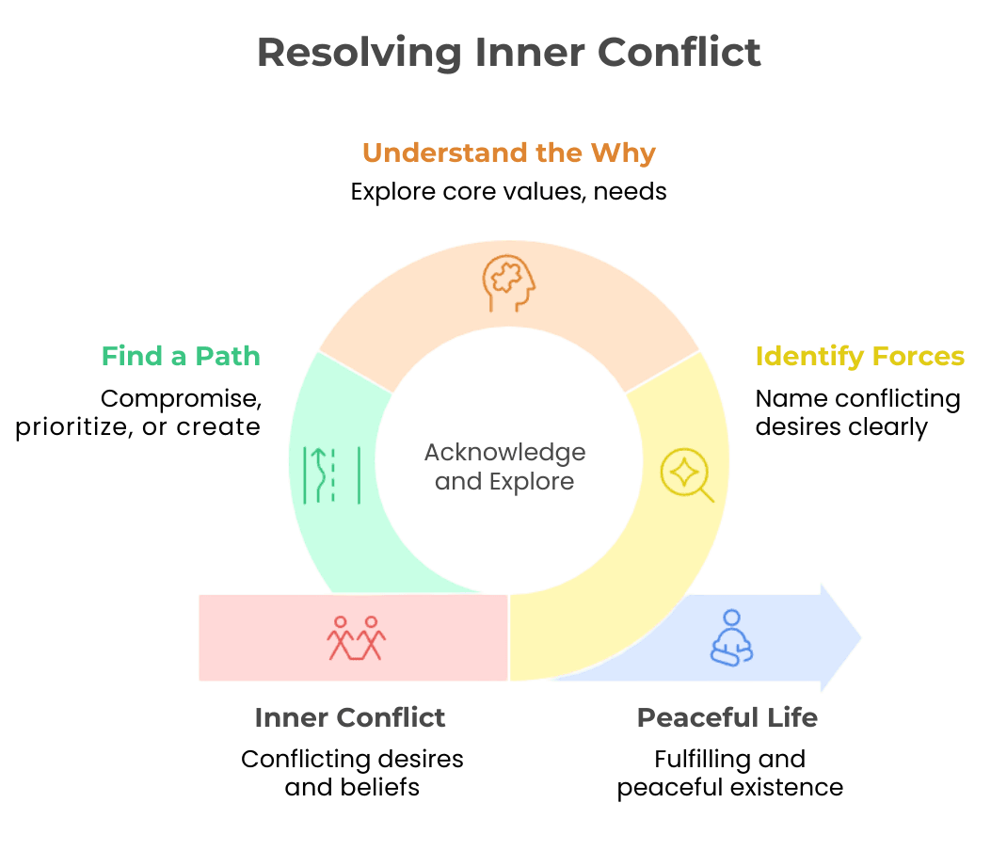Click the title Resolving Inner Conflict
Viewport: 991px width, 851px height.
(x=508, y=52)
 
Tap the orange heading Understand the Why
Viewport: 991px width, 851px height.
(x=508, y=153)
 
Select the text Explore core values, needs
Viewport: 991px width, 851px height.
(x=508, y=192)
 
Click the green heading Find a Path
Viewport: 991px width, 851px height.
(x=181, y=357)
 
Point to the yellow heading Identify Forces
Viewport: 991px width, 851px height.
(x=859, y=357)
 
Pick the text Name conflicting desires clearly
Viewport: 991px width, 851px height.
(x=857, y=412)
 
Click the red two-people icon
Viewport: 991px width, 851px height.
(x=357, y=638)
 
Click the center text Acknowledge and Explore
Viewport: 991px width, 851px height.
(x=504, y=467)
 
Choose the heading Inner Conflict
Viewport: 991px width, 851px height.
(x=350, y=717)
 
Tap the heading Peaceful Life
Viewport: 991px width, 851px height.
(x=727, y=717)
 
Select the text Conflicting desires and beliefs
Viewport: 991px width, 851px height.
(x=352, y=772)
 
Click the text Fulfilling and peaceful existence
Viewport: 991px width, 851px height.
(x=730, y=772)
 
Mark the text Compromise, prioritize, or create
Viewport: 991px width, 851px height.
(x=139, y=412)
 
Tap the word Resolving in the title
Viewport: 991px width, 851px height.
(x=359, y=52)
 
